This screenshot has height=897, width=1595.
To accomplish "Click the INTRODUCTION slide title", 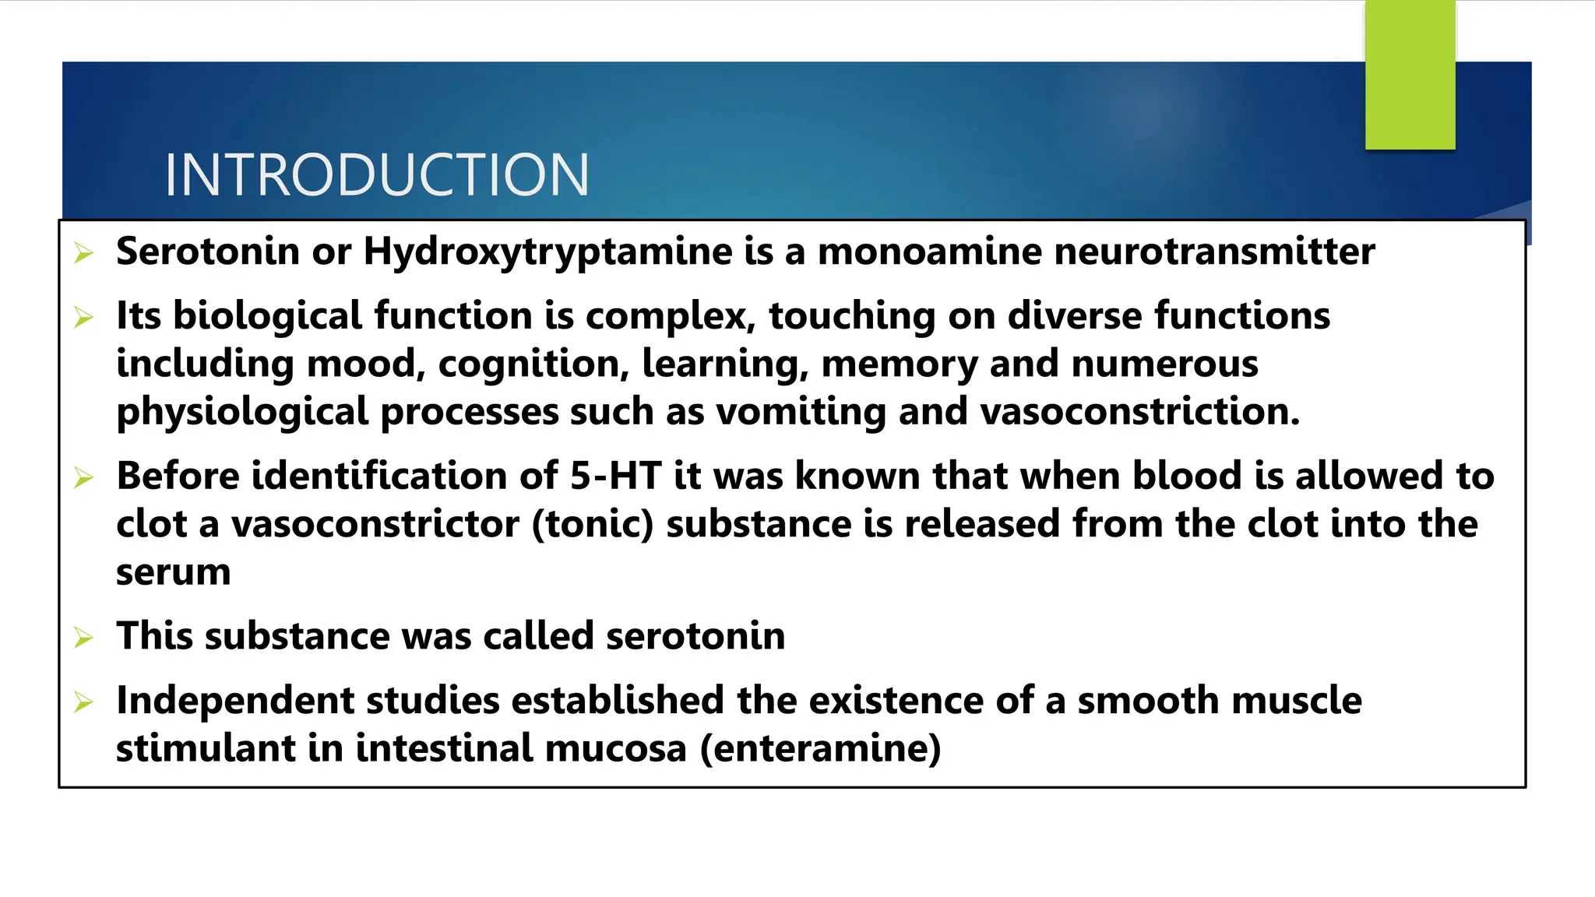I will [377, 174].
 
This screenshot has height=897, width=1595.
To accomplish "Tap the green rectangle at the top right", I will [1410, 75].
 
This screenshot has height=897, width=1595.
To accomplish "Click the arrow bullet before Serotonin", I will [83, 253].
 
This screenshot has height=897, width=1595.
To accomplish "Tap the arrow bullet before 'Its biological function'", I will [83, 318].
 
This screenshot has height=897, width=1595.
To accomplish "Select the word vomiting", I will [801, 412].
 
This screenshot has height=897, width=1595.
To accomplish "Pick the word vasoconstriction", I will [1139, 412].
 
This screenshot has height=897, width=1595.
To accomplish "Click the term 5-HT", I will [615, 476].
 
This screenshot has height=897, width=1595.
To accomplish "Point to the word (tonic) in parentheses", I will [593, 524].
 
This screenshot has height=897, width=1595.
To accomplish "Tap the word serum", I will [173, 572].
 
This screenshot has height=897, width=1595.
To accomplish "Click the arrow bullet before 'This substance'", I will [83, 638].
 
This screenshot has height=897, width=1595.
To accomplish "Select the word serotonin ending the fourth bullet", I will [695, 636].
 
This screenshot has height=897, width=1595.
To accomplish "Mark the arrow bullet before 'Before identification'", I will [83, 477].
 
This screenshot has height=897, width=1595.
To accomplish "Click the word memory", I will [900, 364].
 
